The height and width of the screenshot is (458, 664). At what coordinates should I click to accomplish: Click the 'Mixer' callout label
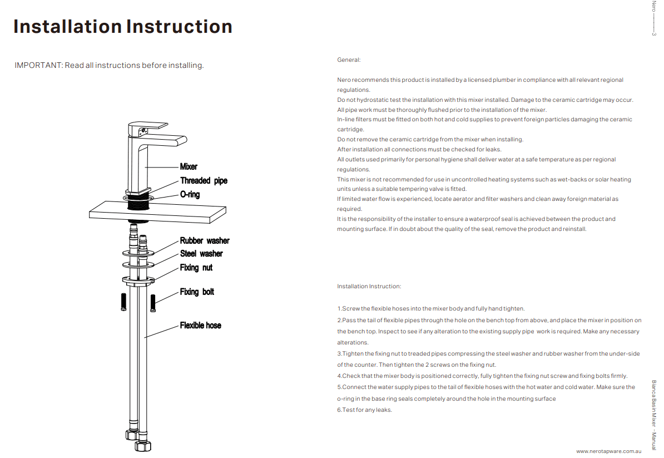pos(189,166)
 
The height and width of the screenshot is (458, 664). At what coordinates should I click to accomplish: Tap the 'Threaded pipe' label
pos(204,180)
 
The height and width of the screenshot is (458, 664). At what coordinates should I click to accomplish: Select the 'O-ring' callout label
pos(190,195)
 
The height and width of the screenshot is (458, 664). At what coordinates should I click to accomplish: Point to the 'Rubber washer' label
pos(205,241)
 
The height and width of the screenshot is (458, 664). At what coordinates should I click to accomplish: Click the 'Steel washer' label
pos(201,254)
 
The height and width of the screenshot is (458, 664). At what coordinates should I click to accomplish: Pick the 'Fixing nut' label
pos(196,268)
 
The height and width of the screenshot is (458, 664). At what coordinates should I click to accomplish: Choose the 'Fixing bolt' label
pos(197,292)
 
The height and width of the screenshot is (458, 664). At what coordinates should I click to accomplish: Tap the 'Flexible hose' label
pos(200,326)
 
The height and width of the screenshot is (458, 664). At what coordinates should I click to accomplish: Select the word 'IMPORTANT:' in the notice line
pos(38,65)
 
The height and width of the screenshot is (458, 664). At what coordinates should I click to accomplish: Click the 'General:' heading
pos(349,60)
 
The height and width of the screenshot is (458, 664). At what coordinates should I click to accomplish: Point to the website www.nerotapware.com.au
pos(609,451)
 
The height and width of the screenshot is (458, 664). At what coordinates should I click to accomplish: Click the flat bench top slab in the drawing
pos(159,212)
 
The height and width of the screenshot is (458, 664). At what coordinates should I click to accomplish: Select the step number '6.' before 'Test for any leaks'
pos(339,410)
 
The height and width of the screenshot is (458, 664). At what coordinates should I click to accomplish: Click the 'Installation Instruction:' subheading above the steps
pos(369,287)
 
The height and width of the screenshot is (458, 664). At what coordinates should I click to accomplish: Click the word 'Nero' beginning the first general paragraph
pos(344,80)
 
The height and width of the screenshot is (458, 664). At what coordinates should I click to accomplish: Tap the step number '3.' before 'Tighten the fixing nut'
pos(339,354)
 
